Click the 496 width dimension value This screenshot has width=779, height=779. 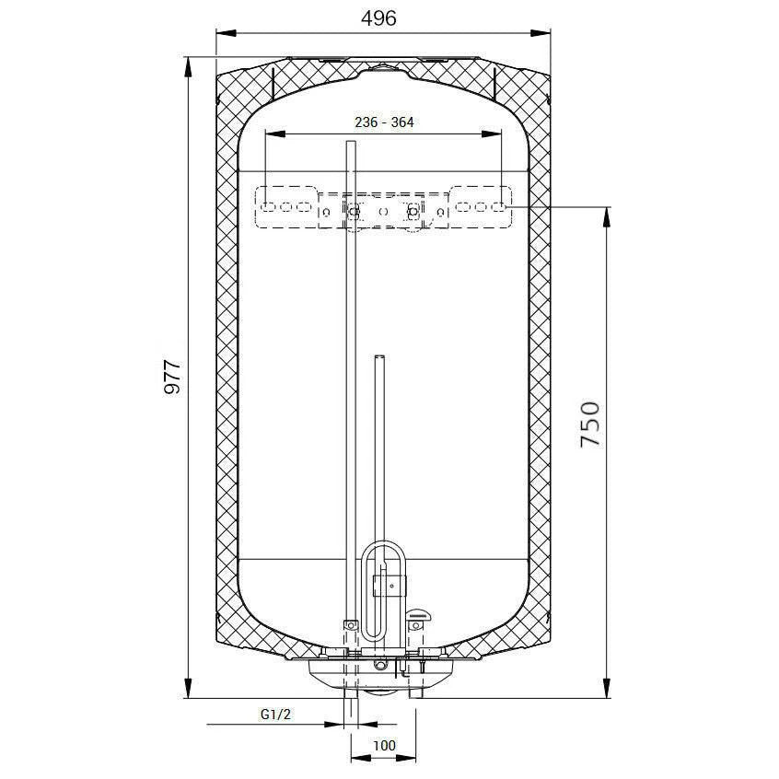click(378, 18)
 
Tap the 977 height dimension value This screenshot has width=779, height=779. click(172, 377)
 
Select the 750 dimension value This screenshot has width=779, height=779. click(591, 424)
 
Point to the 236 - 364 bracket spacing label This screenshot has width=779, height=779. click(384, 122)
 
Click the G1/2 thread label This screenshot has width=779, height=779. click(275, 715)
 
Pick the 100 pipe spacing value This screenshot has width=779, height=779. click(384, 745)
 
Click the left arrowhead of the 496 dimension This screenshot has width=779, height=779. click(226, 33)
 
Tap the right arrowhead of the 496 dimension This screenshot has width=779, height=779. click(541, 33)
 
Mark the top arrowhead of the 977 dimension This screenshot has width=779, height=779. click(188, 67)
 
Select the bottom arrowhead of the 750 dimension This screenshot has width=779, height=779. click(606, 688)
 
